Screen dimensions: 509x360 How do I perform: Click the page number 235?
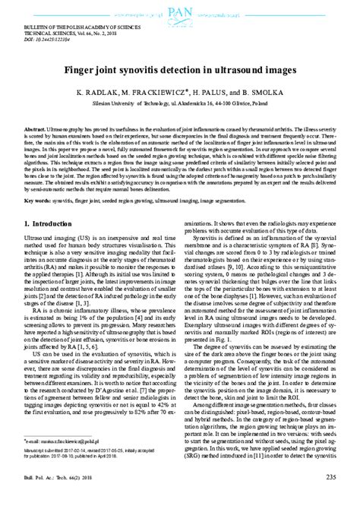pos(330,498)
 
